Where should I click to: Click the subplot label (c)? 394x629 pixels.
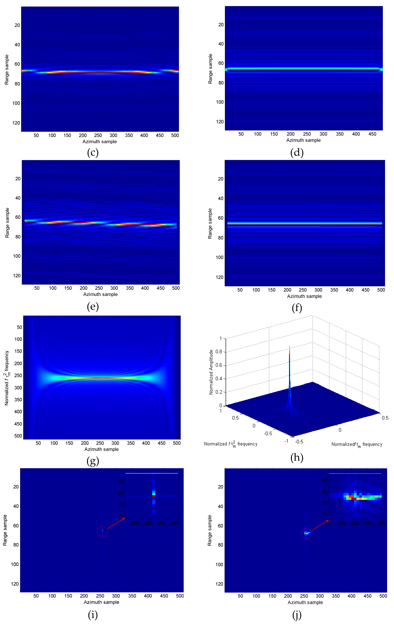pos(93,152)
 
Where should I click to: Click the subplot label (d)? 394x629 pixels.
pos(297,152)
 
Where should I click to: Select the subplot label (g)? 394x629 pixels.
pos(93,461)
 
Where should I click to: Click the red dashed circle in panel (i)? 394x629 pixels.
pos(102,532)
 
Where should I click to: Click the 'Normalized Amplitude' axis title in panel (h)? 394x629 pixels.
pos(211,372)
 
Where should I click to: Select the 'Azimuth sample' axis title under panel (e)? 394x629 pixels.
pos(100,294)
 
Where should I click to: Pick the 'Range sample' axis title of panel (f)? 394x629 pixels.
pos(210,224)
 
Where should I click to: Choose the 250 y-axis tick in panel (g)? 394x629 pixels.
pos(18,375)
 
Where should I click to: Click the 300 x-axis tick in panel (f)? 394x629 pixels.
pos(318,290)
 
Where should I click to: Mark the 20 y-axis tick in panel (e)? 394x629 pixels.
pos(18,179)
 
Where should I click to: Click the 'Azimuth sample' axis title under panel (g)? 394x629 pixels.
pos(101,449)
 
